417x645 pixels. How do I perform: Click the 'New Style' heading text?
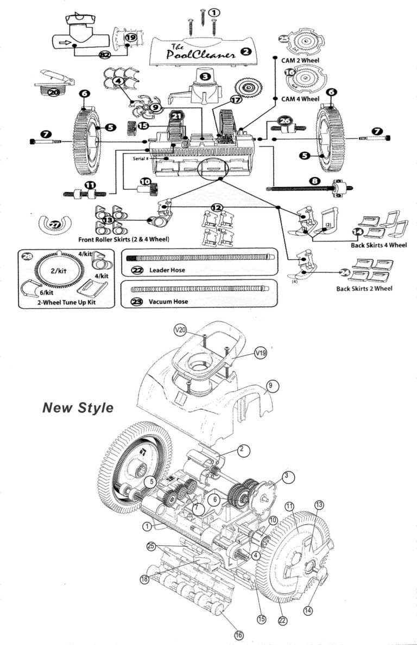pos(78,408)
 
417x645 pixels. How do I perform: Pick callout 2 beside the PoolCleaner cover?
pos(245,52)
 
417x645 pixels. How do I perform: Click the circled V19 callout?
pos(261,354)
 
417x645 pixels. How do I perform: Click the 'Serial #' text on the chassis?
pos(141,159)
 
